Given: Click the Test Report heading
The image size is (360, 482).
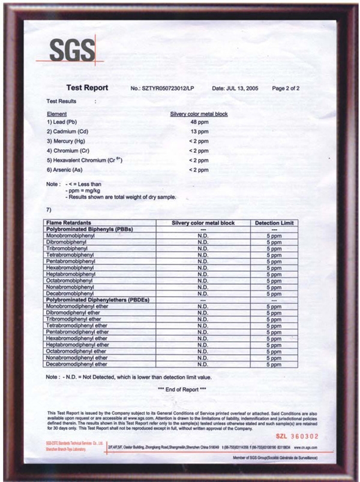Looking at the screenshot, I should click(87, 88).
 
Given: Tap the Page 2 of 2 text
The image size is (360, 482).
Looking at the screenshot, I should click(286, 89).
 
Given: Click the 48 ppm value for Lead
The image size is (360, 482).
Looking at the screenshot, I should click(199, 122).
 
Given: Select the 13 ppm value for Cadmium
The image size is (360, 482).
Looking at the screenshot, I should click(199, 131).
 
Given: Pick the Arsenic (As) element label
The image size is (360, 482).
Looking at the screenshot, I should click(65, 170).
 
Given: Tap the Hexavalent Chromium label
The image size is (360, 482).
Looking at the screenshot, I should click(84, 161).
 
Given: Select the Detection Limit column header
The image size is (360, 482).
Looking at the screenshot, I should click(274, 223).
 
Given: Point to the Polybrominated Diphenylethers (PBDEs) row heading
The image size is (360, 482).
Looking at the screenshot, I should click(97, 300).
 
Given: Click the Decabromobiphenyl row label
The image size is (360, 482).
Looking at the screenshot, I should click(69, 294).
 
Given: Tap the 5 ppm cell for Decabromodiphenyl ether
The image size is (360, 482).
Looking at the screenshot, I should click(274, 364).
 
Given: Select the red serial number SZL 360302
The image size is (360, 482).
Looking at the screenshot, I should click(298, 437).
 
